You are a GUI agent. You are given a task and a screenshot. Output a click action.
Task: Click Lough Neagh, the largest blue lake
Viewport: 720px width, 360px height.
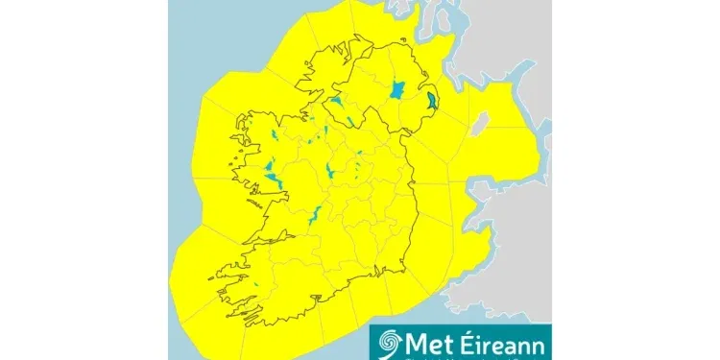coord(397,91)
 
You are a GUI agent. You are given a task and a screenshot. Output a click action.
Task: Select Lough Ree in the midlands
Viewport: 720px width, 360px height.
coord(329,172)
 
